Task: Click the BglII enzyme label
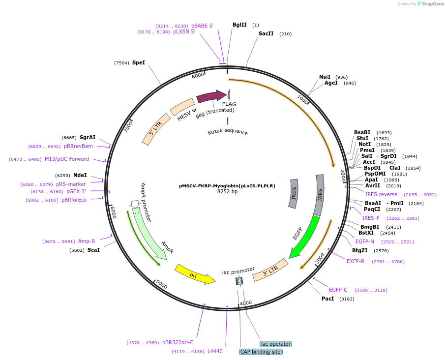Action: pyautogui.click(x=239, y=25)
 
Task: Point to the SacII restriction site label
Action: pyautogui.click(x=266, y=34)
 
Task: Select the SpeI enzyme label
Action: pyautogui.click(x=139, y=62)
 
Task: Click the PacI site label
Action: pyautogui.click(x=327, y=299)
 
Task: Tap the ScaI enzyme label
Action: pyautogui.click(x=93, y=250)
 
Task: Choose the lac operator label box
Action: pyautogui.click(x=275, y=344)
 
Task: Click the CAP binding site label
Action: pyautogui.click(x=260, y=352)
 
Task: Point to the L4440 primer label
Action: pyautogui.click(x=215, y=351)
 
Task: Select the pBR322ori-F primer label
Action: pyautogui.click(x=178, y=342)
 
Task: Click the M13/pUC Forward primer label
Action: pyautogui.click(x=67, y=159)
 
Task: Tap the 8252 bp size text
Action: pyautogui.click(x=227, y=192)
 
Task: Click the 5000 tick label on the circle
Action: pyautogui.click(x=161, y=286)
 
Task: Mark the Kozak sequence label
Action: pyautogui.click(x=228, y=132)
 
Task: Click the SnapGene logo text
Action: pyautogui.click(x=432, y=4)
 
